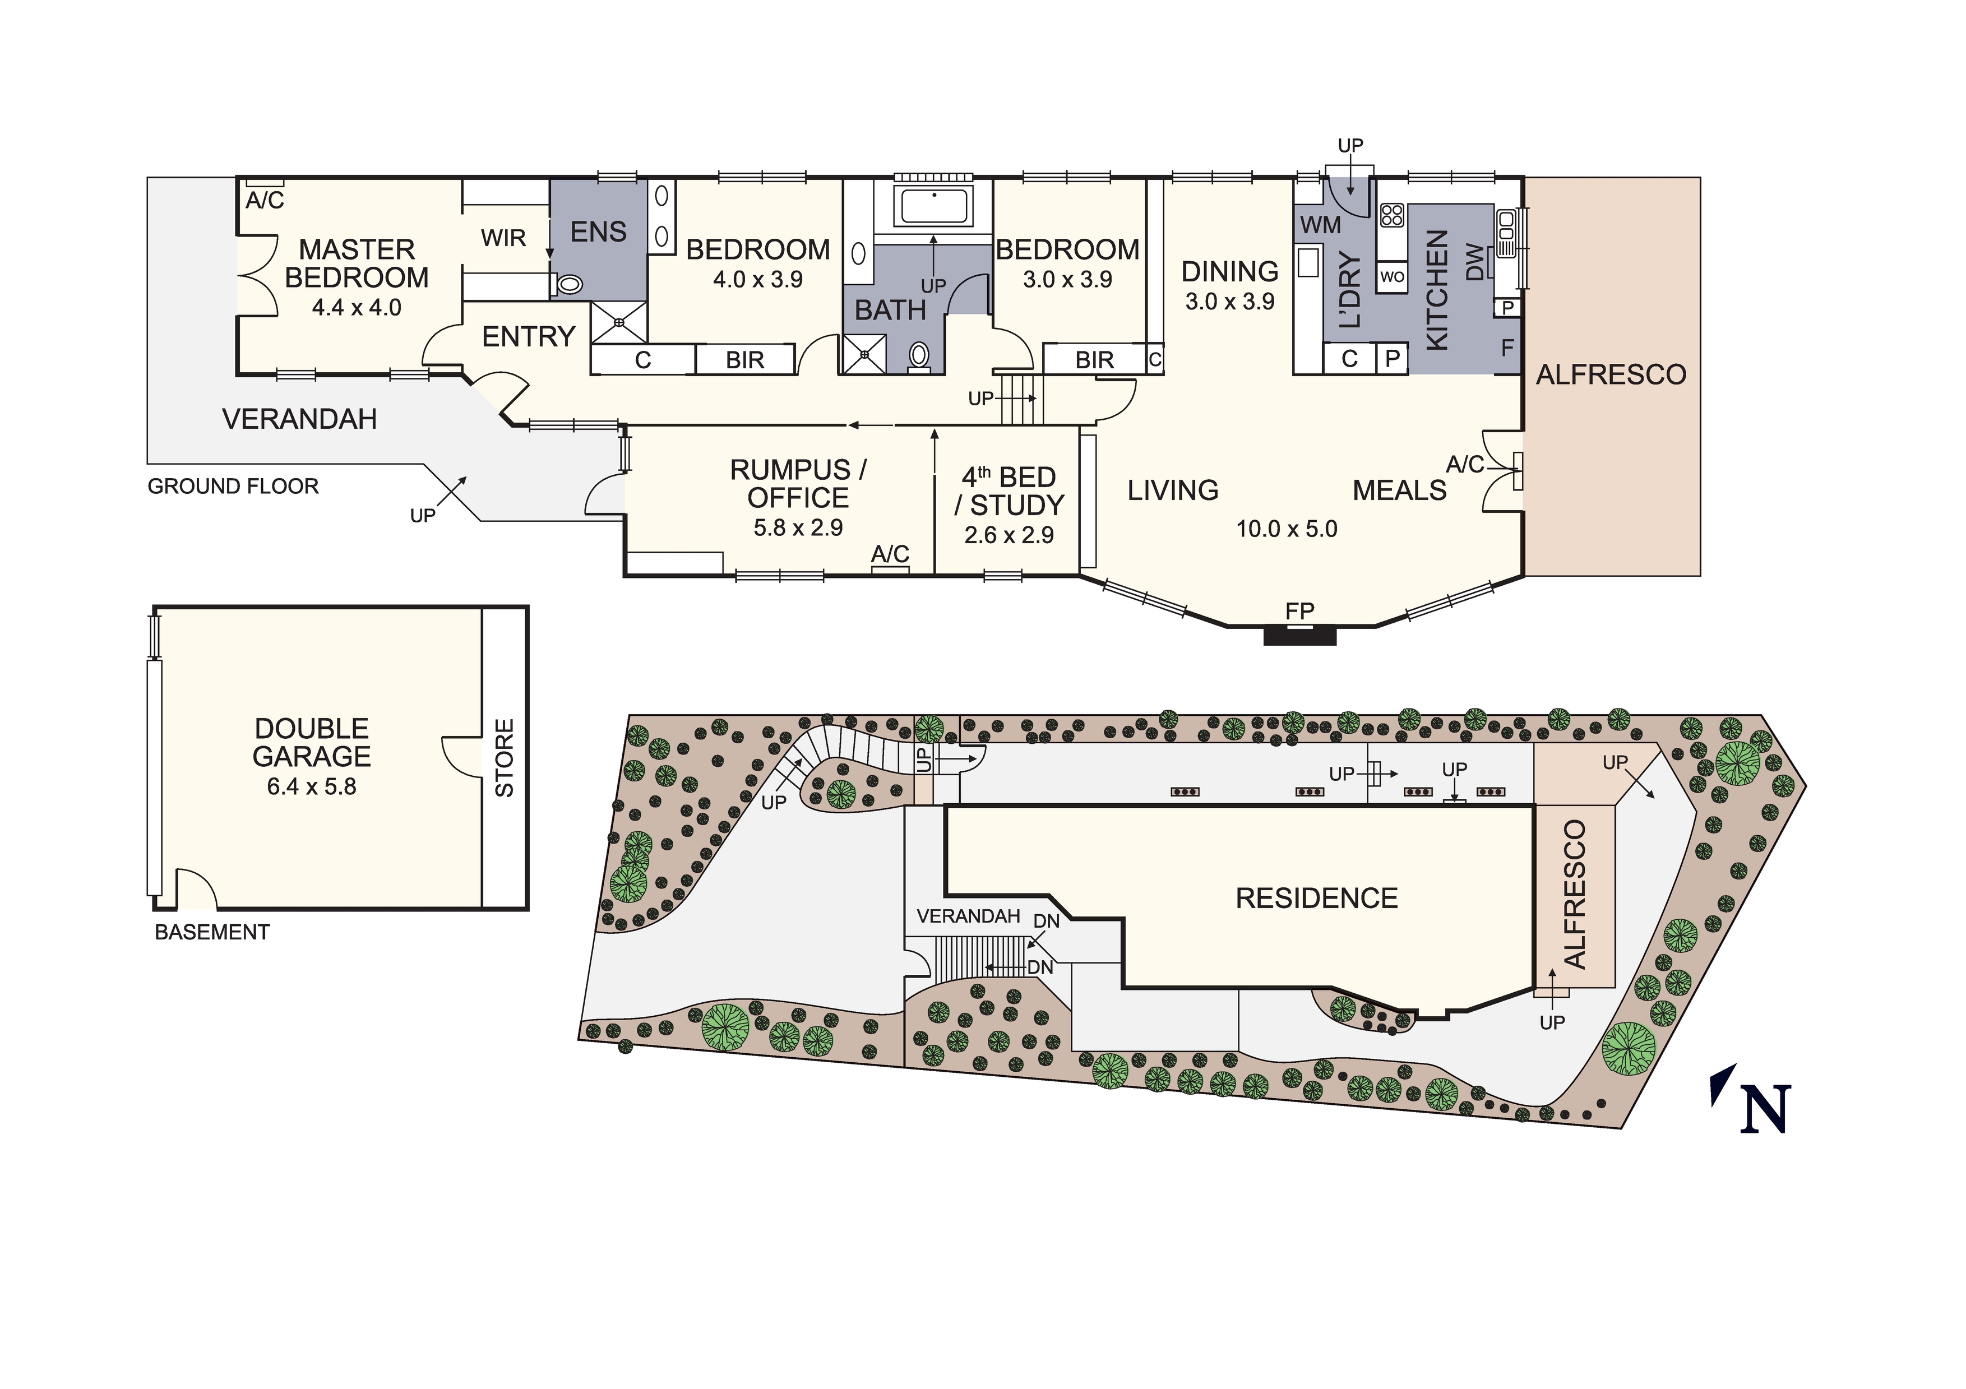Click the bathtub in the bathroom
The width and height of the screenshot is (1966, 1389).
click(x=933, y=206)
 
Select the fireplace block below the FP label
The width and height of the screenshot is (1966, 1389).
click(x=1300, y=635)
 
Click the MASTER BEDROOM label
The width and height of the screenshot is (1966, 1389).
click(x=357, y=264)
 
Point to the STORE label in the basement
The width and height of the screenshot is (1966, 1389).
click(x=505, y=758)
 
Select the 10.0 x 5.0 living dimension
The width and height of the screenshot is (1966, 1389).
click(x=1286, y=529)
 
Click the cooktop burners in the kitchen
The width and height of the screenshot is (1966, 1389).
click(x=1393, y=215)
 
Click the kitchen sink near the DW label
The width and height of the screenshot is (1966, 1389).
click(x=1506, y=233)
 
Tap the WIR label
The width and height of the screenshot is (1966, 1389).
click(x=503, y=238)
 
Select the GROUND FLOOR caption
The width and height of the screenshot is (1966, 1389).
click(x=233, y=487)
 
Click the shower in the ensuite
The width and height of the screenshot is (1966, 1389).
click(x=619, y=322)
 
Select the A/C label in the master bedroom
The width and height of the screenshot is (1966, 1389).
click(x=265, y=200)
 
